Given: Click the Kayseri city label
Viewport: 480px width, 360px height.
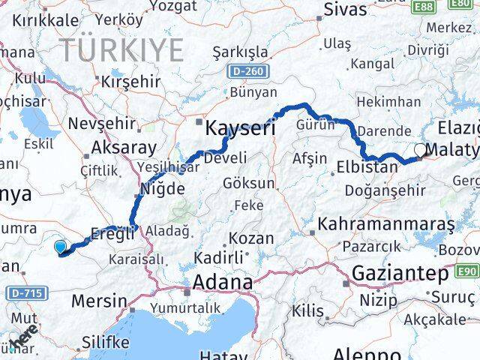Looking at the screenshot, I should pyautogui.click(x=241, y=127).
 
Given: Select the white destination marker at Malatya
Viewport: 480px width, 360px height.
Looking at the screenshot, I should pyautogui.click(x=419, y=149).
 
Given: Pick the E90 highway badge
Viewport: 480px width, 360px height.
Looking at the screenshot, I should pyautogui.click(x=466, y=271).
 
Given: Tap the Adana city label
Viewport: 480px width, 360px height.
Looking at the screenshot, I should pyautogui.click(x=223, y=283).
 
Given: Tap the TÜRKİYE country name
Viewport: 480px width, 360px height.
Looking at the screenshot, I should pyautogui.click(x=122, y=50).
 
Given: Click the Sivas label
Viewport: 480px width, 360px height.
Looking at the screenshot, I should pyautogui.click(x=346, y=9).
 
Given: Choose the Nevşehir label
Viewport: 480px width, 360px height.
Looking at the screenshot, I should pyautogui.click(x=101, y=124).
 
